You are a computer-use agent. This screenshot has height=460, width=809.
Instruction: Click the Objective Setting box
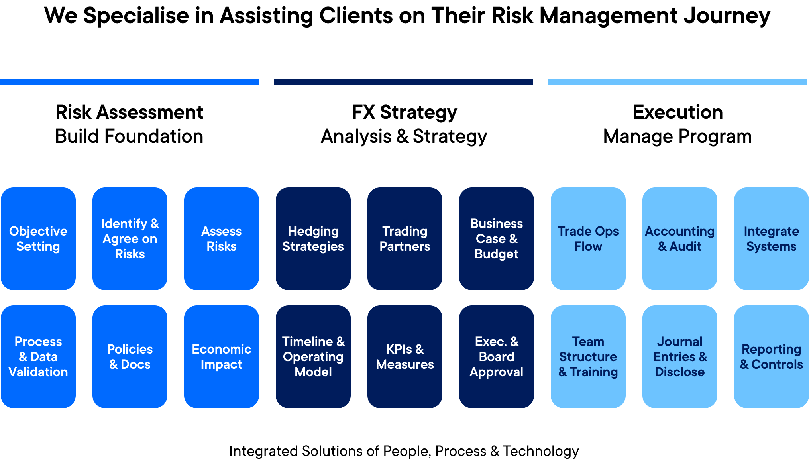pos(38,238)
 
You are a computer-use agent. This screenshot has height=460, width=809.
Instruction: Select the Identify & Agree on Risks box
pos(130,238)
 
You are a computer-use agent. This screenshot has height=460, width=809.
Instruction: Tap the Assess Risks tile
pos(222,238)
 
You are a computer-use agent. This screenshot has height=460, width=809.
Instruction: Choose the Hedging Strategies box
pos(313,238)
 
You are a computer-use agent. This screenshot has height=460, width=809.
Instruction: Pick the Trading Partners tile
pos(405,238)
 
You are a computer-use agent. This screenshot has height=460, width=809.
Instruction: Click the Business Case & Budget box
pos(497,238)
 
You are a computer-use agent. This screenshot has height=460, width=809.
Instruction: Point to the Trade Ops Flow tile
pos(588,238)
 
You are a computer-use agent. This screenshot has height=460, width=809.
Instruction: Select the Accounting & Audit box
pos(680,238)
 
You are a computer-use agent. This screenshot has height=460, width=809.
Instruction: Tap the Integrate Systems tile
pos(772,238)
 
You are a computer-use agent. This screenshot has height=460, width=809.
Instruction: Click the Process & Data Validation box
pos(38,356)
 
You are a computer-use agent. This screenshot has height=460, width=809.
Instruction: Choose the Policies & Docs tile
pos(130,356)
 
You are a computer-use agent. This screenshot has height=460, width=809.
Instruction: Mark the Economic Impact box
pos(222,356)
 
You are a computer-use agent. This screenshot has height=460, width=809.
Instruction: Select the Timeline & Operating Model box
pos(313,356)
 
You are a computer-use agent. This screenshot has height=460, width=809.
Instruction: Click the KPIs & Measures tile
pos(405,356)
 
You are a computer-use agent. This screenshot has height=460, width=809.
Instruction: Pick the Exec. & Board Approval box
pos(497,356)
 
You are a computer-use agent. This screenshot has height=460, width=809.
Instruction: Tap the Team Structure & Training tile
pos(588,356)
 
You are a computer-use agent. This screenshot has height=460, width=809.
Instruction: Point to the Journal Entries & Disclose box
pos(680,356)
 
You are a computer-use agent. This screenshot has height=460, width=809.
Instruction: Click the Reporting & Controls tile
pos(772,356)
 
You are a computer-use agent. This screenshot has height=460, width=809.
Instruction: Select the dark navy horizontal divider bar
pos(404,82)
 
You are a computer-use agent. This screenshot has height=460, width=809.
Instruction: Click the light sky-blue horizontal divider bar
pos(678,82)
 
